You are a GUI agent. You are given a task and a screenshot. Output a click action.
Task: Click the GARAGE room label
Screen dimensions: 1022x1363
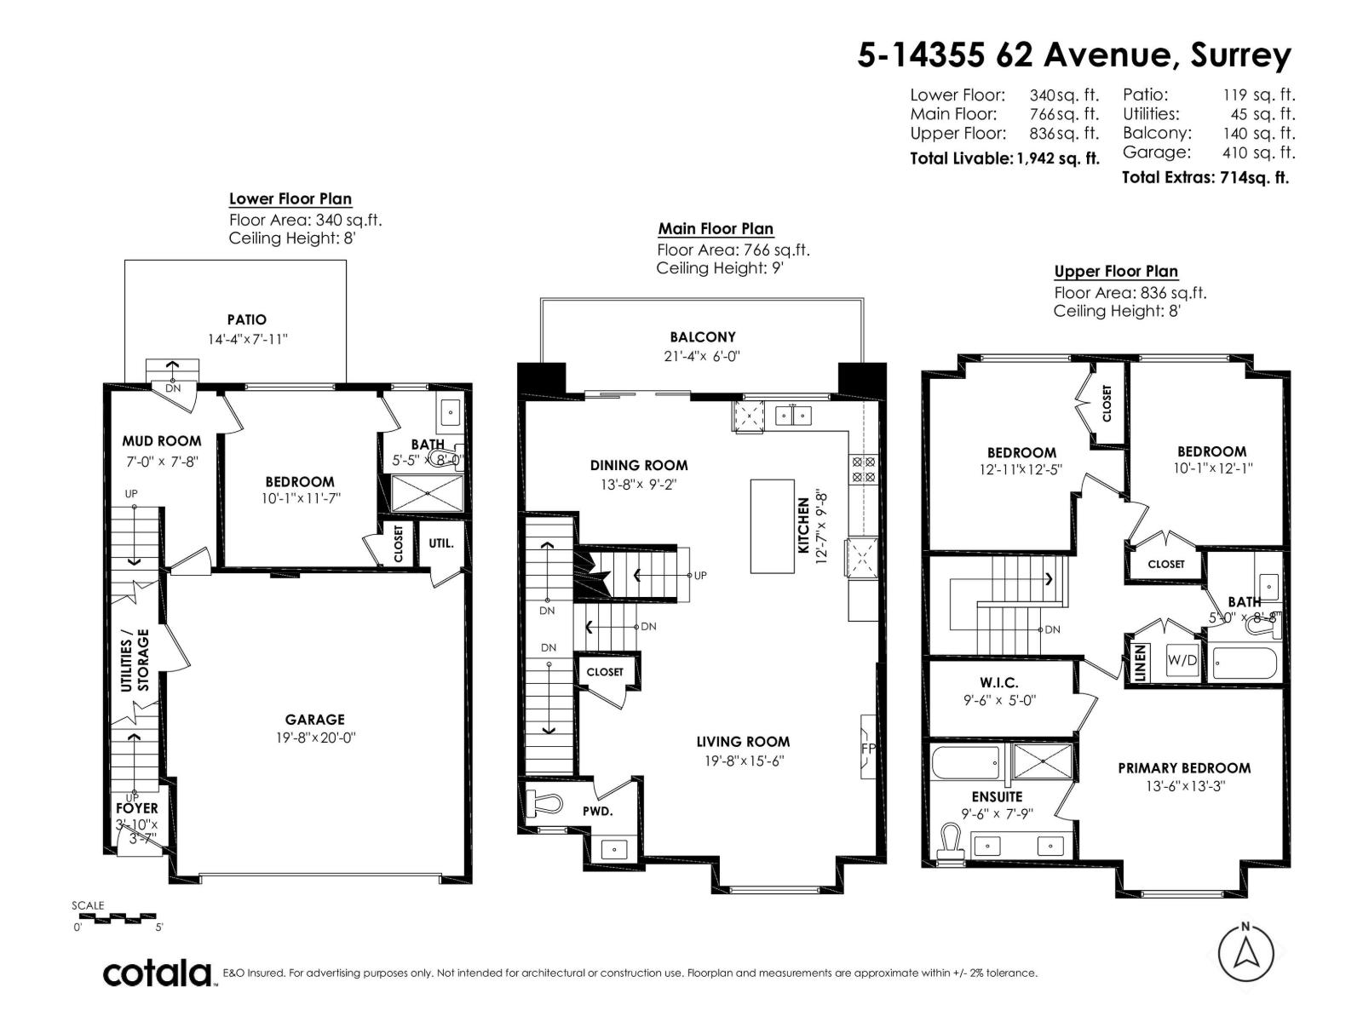314,720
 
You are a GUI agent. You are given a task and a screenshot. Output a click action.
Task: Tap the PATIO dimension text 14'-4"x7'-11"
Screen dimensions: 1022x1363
248,339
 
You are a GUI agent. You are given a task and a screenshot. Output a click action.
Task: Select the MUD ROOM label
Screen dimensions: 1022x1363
162,441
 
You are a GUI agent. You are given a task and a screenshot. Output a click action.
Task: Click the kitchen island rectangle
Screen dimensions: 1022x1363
773,525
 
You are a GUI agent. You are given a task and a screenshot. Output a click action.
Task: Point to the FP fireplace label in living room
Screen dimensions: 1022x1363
869,749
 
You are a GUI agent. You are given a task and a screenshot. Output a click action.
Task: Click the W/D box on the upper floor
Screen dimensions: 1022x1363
1182,660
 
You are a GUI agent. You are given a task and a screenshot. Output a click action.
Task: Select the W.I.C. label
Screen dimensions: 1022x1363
998,683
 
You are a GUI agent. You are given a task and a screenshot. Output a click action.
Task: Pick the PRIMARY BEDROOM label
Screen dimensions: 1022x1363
1184,768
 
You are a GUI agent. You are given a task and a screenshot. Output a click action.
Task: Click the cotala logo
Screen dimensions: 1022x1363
158,973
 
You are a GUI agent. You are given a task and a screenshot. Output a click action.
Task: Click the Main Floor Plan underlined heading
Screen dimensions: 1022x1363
716,229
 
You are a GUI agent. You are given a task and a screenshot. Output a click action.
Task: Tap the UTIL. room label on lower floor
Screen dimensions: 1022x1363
440,543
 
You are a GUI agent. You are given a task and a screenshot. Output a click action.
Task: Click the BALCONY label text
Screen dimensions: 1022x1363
702,337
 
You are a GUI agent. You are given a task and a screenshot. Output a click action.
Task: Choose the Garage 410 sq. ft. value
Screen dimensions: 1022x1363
1259,153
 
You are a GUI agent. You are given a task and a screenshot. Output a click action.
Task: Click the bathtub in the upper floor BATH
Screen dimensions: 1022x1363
1245,663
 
